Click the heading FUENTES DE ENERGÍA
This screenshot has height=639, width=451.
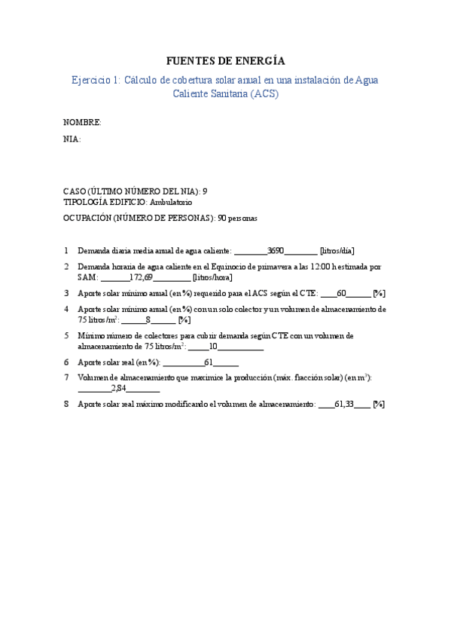point(225,61)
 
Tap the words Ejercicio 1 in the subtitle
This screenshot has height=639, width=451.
point(94,80)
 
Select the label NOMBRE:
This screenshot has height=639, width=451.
point(82,122)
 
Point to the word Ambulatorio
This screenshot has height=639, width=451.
point(171,202)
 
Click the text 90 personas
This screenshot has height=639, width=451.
point(237,219)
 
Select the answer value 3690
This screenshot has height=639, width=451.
point(276,250)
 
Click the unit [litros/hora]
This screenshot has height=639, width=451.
point(218,277)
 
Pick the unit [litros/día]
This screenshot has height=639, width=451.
point(337,250)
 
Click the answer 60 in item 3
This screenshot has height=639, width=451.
point(341,293)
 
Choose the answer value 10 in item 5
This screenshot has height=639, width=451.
point(213,347)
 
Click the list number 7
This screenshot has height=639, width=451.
point(66,378)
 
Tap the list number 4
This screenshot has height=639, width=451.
point(66,309)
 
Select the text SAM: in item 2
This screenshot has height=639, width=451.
point(88,277)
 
